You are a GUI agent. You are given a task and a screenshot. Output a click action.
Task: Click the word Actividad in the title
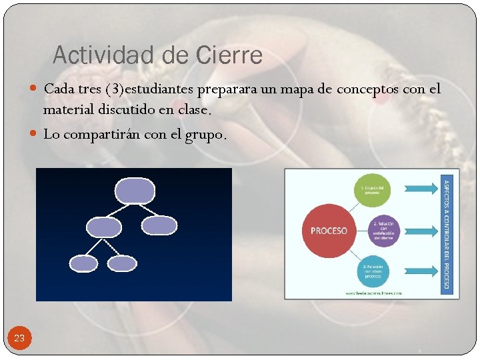(x=102, y=55)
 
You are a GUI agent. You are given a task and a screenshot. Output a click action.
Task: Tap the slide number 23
(x=19, y=338)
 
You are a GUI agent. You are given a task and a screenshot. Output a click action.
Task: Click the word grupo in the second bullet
(x=206, y=134)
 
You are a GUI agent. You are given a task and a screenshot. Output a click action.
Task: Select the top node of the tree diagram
(x=135, y=190)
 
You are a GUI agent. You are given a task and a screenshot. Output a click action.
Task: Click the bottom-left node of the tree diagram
(x=85, y=264)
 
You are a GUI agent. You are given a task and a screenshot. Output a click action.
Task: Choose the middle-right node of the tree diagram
(x=160, y=226)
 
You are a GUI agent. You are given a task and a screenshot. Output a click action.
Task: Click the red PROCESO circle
(x=329, y=231)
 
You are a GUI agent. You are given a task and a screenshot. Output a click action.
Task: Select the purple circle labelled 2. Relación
(x=384, y=231)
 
